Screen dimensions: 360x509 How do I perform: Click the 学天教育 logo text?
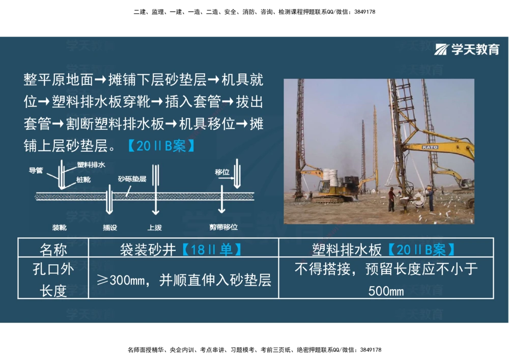click(474, 49)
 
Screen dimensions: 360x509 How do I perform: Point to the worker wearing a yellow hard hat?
click(430, 198)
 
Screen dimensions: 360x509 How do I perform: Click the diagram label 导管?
click(36, 171)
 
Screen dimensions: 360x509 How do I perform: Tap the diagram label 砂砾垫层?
click(132, 179)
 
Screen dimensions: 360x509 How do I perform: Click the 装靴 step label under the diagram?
click(60, 227)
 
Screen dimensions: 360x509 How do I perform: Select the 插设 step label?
click(109, 227)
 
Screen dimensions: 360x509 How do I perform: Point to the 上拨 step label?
click(155, 227)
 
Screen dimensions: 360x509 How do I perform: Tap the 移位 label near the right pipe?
click(222, 172)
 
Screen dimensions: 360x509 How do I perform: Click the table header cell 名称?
click(53, 250)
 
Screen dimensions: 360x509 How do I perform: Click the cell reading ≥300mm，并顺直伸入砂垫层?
click(183, 280)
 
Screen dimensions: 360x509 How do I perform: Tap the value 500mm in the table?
click(386, 291)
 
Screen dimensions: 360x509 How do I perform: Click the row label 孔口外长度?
click(53, 280)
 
